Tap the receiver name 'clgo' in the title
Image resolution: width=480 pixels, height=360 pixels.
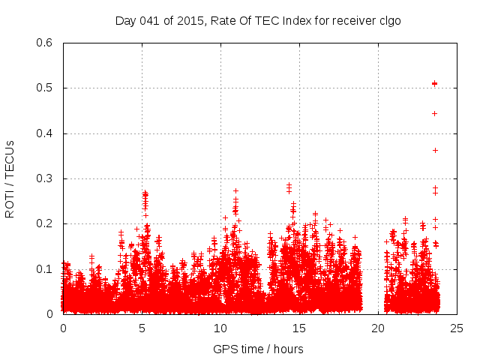[x=389, y=20]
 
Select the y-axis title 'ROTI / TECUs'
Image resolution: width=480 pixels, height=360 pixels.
[x=10, y=178]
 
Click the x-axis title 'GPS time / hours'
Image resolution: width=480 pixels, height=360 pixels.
[x=258, y=349]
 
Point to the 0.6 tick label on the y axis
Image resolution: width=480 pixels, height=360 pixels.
[x=46, y=43]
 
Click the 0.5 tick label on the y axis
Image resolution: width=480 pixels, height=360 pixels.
[x=46, y=88]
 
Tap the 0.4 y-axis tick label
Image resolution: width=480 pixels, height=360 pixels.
[x=46, y=133]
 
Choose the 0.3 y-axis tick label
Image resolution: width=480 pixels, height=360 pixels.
[x=46, y=178]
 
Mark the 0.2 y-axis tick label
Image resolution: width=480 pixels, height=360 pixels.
[x=46, y=224]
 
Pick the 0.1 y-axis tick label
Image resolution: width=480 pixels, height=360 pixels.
[x=46, y=269]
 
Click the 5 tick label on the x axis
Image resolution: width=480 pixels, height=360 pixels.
[x=142, y=328]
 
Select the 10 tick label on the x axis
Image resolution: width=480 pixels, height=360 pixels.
[x=220, y=328]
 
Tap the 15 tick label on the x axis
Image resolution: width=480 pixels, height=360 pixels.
[x=299, y=328]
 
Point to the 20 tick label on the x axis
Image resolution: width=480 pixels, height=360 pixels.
[x=378, y=328]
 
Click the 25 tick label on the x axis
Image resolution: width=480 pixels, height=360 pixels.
[x=457, y=328]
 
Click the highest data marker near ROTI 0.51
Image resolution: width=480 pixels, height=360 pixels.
[x=434, y=83]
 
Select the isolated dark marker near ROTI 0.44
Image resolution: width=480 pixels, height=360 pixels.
[x=434, y=113]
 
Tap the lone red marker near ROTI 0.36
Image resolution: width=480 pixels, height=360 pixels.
[x=435, y=150]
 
